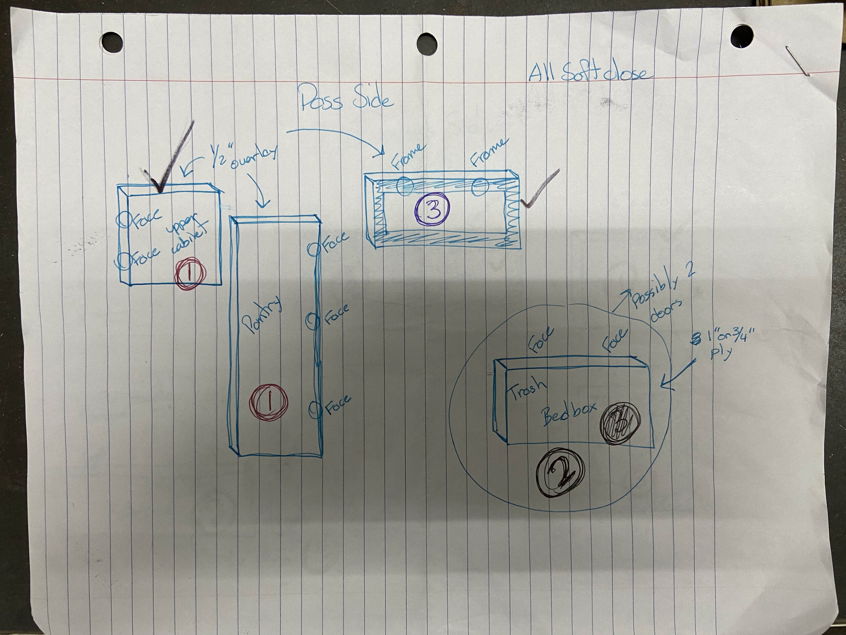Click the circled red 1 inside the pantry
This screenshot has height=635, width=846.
click(x=268, y=403)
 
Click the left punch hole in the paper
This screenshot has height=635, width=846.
click(x=112, y=41)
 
